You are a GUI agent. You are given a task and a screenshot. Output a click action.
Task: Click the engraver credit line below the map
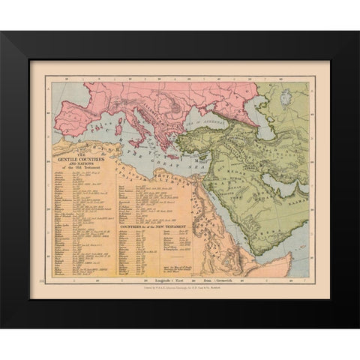pyautogui.click(x=180, y=289)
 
